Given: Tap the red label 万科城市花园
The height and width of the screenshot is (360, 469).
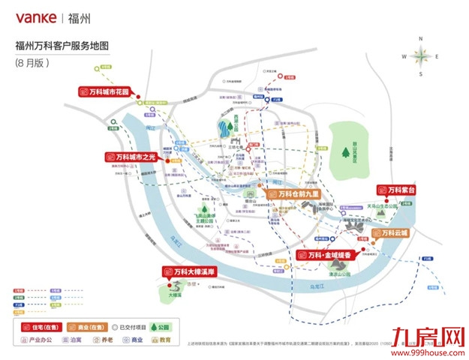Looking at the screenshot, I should tap(106, 91).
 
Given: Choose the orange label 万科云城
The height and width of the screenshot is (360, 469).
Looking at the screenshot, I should tap(392, 232).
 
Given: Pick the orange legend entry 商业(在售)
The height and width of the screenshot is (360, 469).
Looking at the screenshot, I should tap(86, 327).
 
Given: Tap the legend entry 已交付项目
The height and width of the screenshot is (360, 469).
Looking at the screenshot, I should tap(126, 327).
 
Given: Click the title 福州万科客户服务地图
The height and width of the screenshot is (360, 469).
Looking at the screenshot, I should tap(62, 46).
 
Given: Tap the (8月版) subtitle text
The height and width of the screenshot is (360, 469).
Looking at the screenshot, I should tap(32, 63).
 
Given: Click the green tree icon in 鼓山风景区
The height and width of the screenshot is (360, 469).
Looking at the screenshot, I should tap(346, 152).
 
